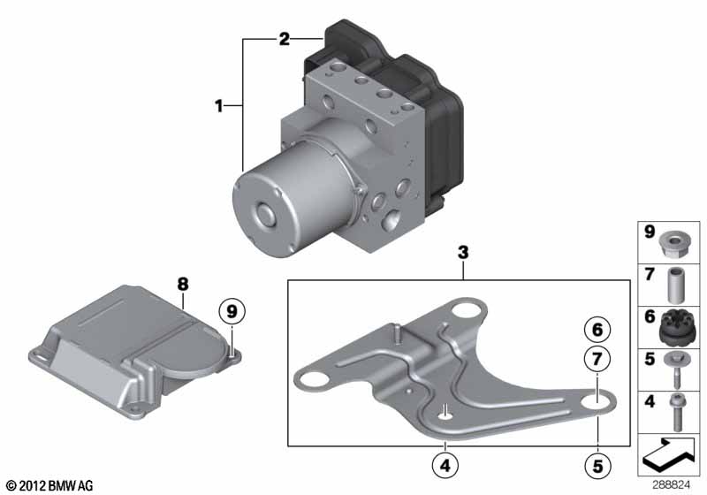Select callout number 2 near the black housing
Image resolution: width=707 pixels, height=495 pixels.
pos(284,39)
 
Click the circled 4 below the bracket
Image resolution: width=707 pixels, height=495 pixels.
pos(445,464)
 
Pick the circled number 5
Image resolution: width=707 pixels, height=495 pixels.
pos(597,463)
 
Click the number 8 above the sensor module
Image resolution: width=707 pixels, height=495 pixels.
pos(183,285)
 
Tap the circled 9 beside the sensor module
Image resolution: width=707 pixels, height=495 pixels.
pos(232,311)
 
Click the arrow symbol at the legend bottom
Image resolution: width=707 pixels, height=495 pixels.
pos(669,457)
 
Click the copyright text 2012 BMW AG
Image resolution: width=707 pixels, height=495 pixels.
pos(49,485)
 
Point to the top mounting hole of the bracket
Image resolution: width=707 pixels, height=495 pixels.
pos(465,311)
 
